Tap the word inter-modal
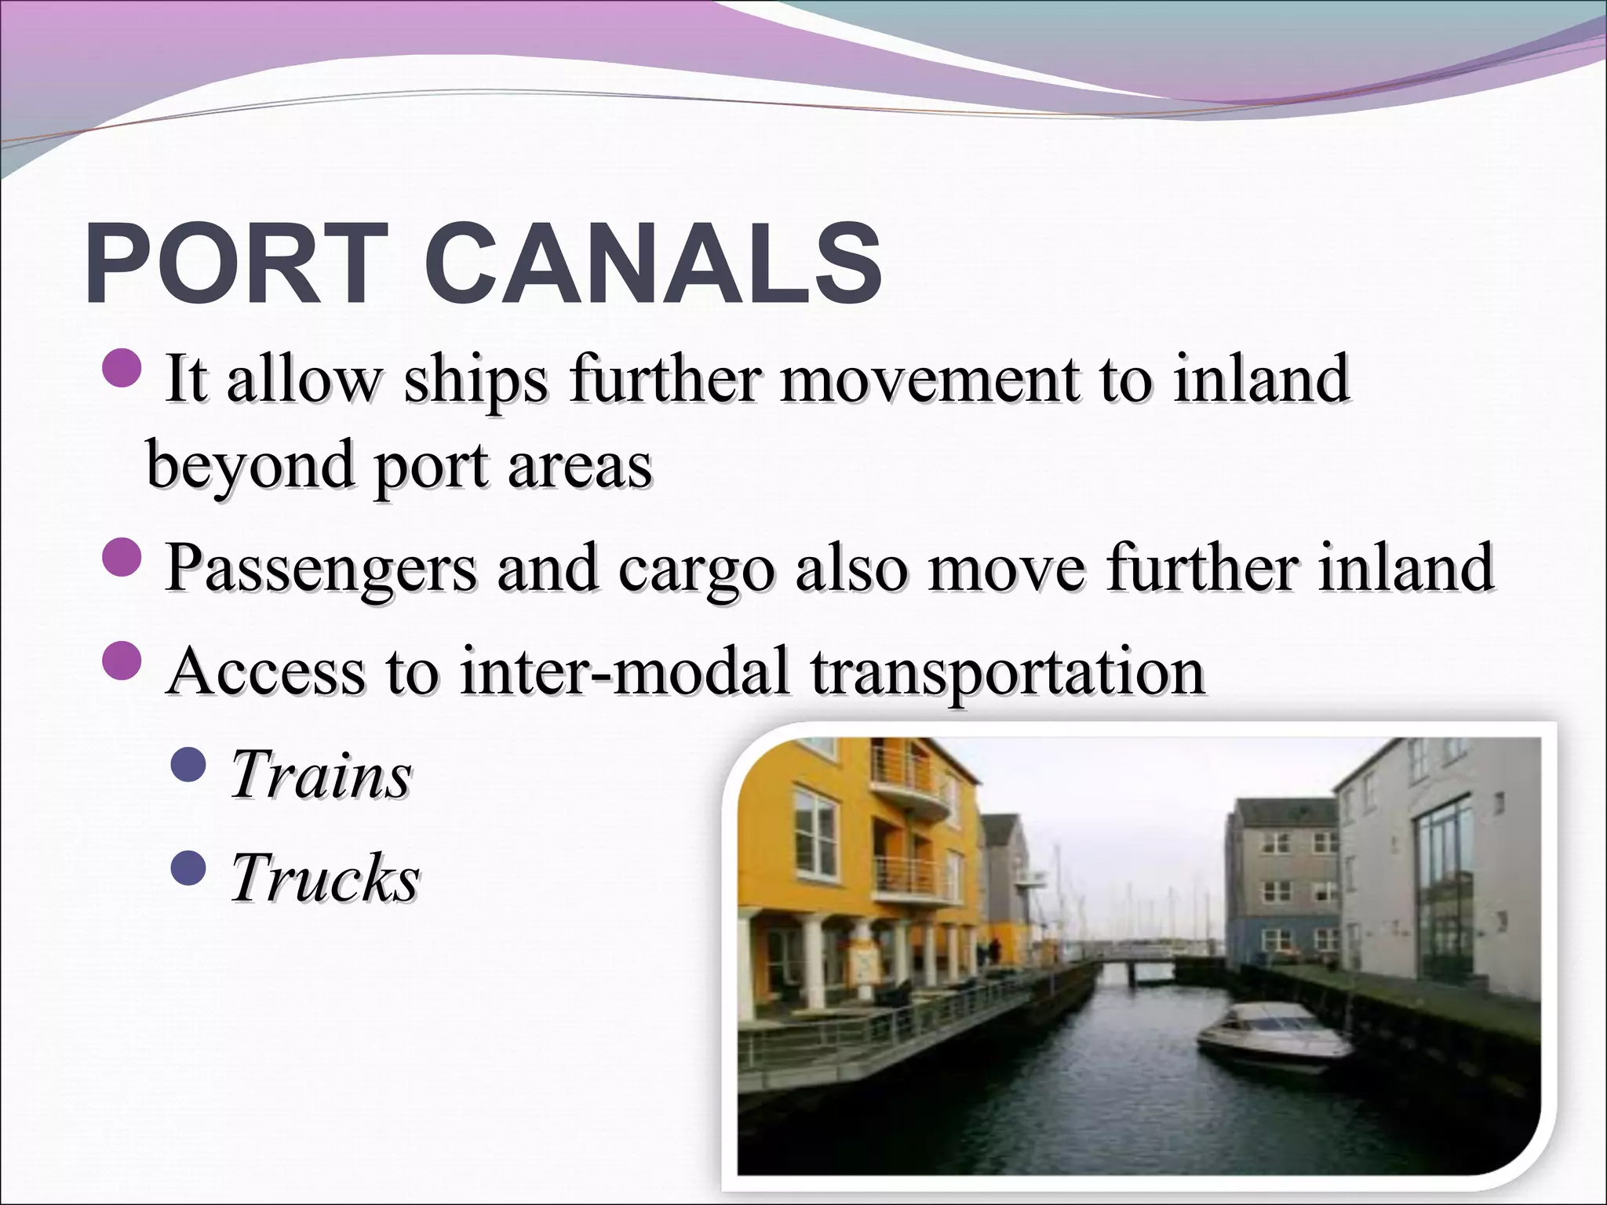click(x=624, y=672)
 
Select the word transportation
click(x=1008, y=672)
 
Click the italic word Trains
click(x=321, y=776)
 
